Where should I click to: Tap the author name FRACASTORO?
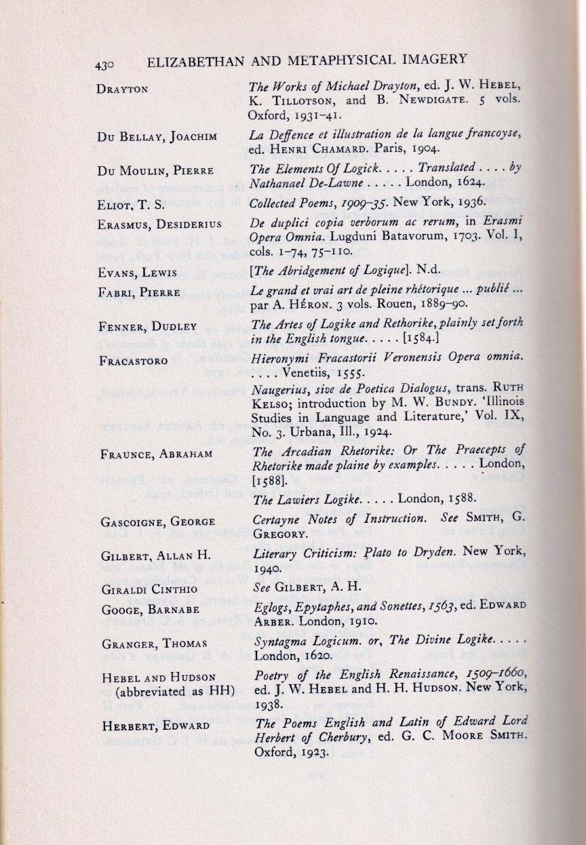click(x=133, y=361)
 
